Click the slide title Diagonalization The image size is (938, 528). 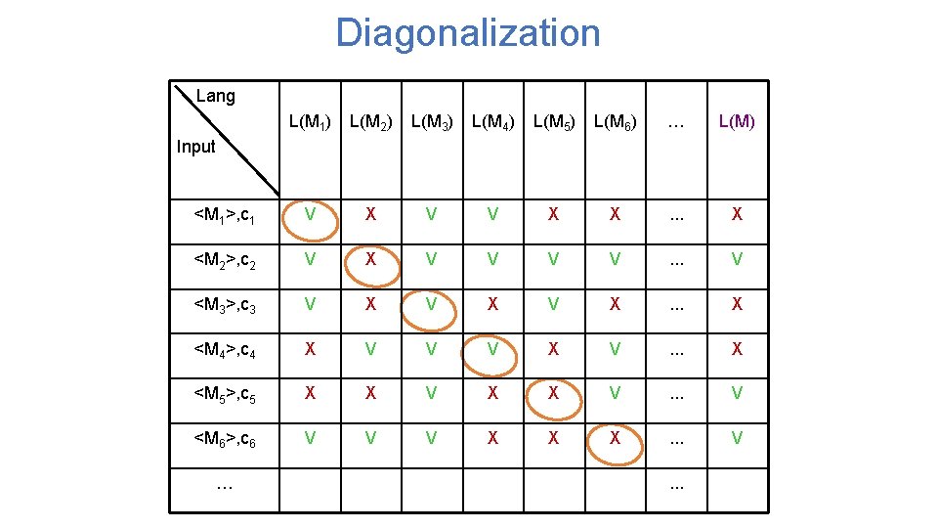[x=468, y=33]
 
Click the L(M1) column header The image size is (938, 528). [x=309, y=122]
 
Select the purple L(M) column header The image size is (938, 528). [x=737, y=122]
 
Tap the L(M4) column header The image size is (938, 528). [x=492, y=122]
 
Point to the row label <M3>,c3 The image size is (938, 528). [x=225, y=304]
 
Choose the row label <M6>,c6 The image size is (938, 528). [x=225, y=439]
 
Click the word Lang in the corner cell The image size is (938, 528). [x=215, y=96]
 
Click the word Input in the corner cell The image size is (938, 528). [x=195, y=147]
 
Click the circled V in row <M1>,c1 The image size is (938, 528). [x=309, y=214]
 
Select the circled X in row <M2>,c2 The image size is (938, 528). [x=369, y=259]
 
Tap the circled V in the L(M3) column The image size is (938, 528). [x=431, y=304]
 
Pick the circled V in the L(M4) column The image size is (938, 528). [x=492, y=349]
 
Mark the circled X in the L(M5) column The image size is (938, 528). [x=553, y=394]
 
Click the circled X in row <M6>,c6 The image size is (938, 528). [x=615, y=439]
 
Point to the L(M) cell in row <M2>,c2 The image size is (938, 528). [x=737, y=259]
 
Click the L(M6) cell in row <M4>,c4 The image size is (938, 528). [x=615, y=349]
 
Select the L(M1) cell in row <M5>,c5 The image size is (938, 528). [x=309, y=394]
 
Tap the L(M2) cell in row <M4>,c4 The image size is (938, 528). [x=369, y=349]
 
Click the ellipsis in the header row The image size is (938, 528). [x=675, y=124]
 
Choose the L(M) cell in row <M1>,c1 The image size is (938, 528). [x=737, y=214]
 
